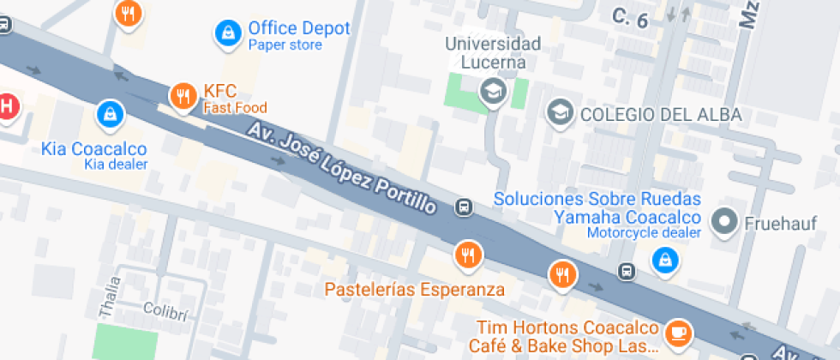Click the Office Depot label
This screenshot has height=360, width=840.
(299, 28)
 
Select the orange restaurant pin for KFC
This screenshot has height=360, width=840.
(183, 95)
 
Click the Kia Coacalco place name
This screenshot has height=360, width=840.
(93, 149)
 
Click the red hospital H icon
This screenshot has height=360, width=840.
(6, 106)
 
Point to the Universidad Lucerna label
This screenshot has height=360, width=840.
(493, 53)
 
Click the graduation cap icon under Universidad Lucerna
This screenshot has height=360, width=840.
(493, 90)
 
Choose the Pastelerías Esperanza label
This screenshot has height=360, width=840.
(415, 289)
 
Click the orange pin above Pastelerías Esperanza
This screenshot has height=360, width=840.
(468, 254)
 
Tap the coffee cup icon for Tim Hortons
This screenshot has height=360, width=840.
(678, 330)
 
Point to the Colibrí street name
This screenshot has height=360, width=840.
(165, 309)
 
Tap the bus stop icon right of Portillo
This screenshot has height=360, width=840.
(464, 207)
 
